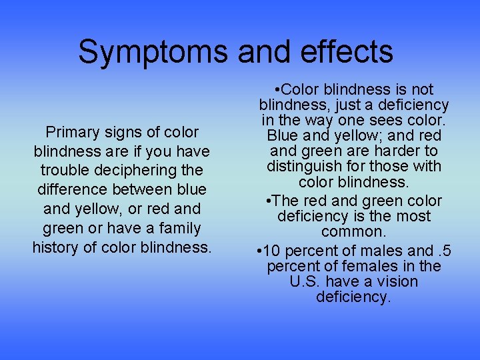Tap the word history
56,247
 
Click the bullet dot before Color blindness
277,89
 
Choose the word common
353,232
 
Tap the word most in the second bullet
413,216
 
